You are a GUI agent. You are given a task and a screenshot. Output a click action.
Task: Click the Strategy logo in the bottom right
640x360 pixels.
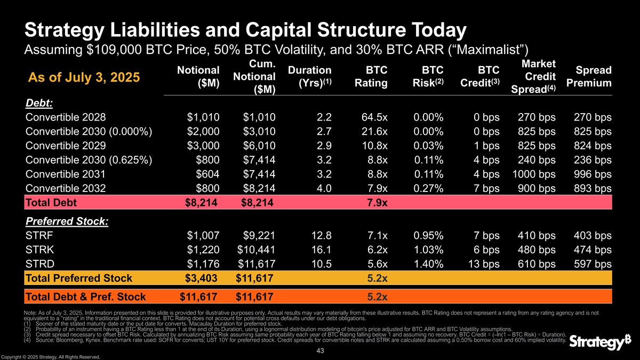click(595, 342)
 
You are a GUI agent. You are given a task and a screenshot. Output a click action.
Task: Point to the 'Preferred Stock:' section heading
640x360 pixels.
click(67, 221)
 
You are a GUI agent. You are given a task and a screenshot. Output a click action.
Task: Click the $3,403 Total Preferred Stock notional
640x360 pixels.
click(202, 278)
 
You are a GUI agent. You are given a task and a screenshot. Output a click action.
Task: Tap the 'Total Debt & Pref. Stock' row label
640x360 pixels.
click(85, 297)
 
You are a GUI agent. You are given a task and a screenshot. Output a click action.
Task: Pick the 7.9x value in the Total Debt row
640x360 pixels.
click(377, 202)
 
